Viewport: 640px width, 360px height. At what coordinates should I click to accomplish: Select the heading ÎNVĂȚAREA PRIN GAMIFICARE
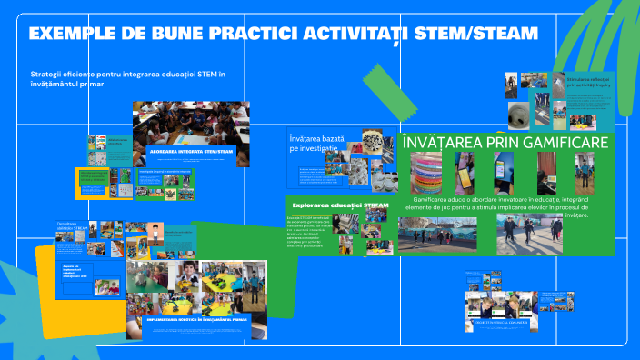[x=505, y=143]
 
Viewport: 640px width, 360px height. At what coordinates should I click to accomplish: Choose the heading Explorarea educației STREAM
[x=340, y=205]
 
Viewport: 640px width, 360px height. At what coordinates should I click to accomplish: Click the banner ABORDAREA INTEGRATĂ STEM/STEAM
[x=189, y=151]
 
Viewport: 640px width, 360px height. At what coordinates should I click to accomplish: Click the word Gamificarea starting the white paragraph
[x=435, y=198]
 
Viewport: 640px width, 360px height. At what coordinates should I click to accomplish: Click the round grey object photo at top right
[x=521, y=115]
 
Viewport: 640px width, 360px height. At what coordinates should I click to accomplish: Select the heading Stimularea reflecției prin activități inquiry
[x=591, y=83]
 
